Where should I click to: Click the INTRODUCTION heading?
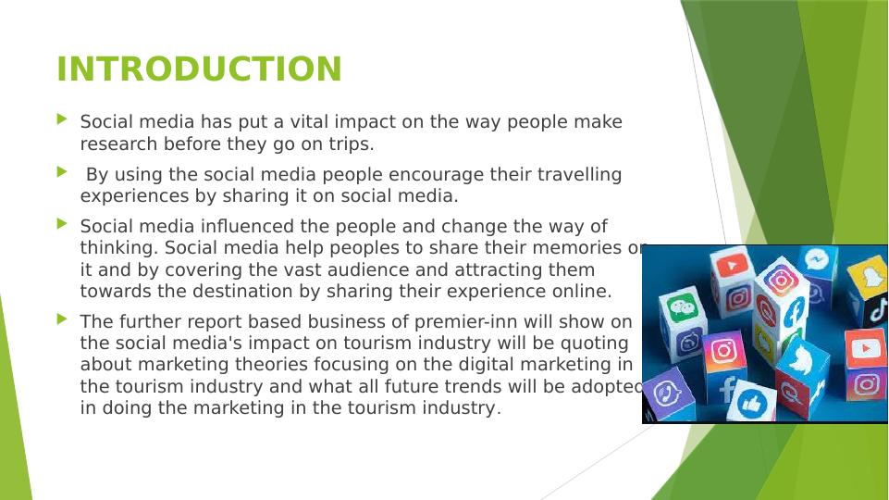[x=199, y=69]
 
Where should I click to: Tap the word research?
[x=118, y=144]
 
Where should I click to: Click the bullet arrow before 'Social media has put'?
[x=62, y=119]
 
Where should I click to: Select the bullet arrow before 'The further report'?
[x=62, y=319]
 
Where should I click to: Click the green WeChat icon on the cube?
[x=683, y=308]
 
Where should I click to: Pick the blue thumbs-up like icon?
[x=752, y=404]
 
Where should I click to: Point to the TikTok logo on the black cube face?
[x=878, y=309]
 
